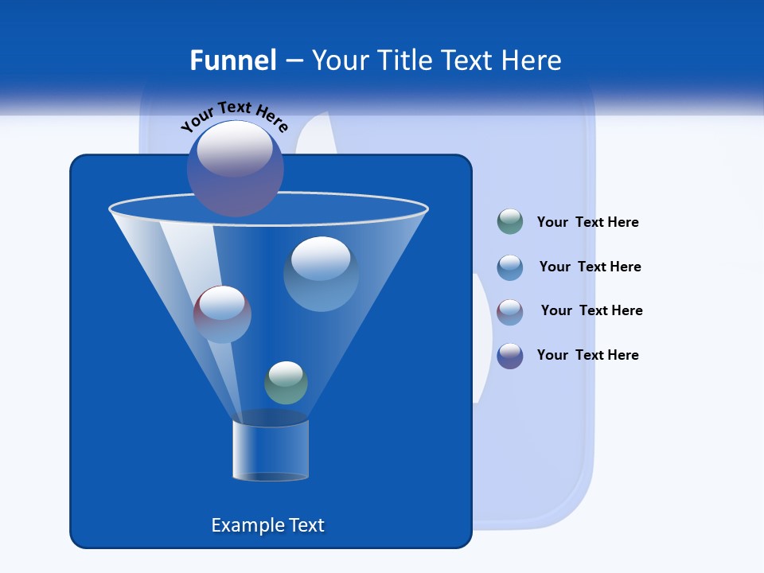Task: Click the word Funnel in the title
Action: click(233, 60)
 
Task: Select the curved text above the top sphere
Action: click(234, 115)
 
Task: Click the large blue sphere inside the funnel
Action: click(321, 274)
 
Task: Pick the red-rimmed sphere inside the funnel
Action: click(222, 314)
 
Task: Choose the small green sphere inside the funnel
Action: click(286, 383)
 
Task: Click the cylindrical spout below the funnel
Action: click(270, 450)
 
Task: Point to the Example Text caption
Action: click(268, 525)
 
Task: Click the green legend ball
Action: click(510, 222)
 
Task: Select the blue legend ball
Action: click(510, 267)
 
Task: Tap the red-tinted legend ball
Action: click(510, 311)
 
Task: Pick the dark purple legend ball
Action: click(510, 356)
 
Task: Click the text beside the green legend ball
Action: click(587, 222)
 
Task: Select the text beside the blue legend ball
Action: click(590, 267)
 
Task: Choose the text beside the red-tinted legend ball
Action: click(591, 310)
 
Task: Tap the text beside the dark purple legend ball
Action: click(587, 355)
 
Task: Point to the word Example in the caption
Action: click(242, 525)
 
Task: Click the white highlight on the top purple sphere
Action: click(235, 148)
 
